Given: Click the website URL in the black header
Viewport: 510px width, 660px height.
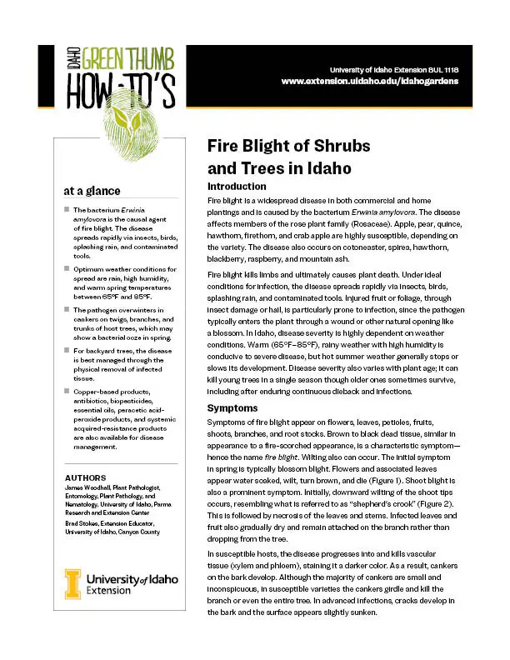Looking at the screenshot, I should pyautogui.click(x=371, y=82).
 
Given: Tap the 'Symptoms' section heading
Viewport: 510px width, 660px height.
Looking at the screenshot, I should pyautogui.click(x=232, y=408).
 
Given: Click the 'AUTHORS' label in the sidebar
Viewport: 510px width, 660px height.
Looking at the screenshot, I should pyautogui.click(x=87, y=477).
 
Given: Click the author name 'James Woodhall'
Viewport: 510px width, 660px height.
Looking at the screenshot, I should pyautogui.click(x=88, y=487).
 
